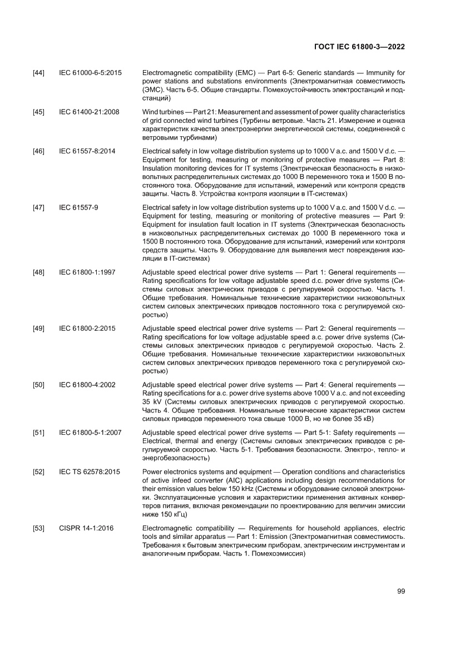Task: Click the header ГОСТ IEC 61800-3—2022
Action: pyautogui.click(x=359, y=47)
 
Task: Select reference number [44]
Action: pyautogui.click(x=39, y=73)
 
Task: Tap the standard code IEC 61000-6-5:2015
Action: pyautogui.click(x=90, y=73)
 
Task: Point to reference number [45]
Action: pyautogui.click(x=39, y=112)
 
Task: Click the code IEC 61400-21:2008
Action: pyautogui.click(x=89, y=112)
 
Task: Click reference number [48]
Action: pyautogui.click(x=39, y=272)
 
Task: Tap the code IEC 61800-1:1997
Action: pyautogui.click(x=87, y=272)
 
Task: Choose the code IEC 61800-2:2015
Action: pyautogui.click(x=87, y=329)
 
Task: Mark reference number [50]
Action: pyautogui.click(x=39, y=385)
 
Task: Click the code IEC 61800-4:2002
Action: pyautogui.click(x=87, y=385)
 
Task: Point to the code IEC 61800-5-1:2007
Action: pyautogui.click(x=90, y=433)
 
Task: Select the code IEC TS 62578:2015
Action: pyautogui.click(x=89, y=472)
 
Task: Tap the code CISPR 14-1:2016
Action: pyautogui.click(x=86, y=528)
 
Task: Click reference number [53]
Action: pyautogui.click(x=39, y=528)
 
